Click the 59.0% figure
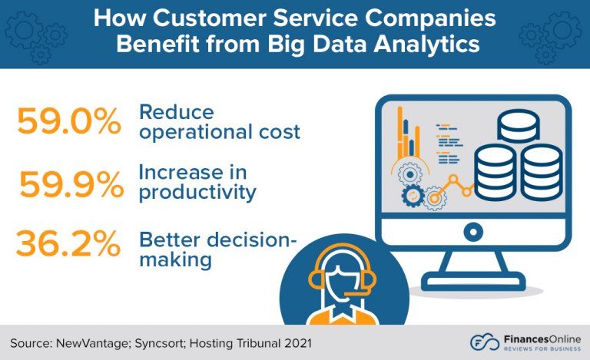69,121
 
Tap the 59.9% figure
71,184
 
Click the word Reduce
174,111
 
